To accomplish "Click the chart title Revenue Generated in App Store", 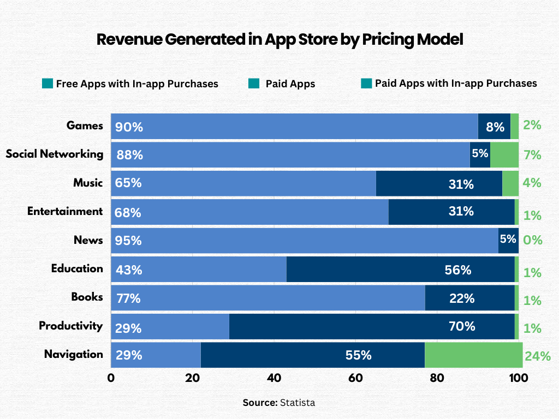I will pyautogui.click(x=279, y=40).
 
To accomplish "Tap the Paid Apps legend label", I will pyautogui.click(x=290, y=84).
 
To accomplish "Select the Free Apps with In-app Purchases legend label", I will pyautogui.click(x=137, y=84).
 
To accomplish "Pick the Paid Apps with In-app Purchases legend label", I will pyautogui.click(x=455, y=83).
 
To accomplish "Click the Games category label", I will pyautogui.click(x=85, y=125).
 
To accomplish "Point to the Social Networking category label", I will pyautogui.click(x=55, y=154).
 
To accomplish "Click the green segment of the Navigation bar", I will pyautogui.click(x=473, y=355).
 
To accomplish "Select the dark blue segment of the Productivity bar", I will pyautogui.click(x=371, y=326).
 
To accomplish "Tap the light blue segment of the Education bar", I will pyautogui.click(x=199, y=270).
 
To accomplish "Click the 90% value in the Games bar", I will pyautogui.click(x=129, y=128).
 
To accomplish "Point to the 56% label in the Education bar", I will pyautogui.click(x=457, y=270).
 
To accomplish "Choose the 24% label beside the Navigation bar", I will pyautogui.click(x=537, y=357).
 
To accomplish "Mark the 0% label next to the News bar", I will pyautogui.click(x=532, y=241).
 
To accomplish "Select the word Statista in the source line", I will pyautogui.click(x=298, y=403).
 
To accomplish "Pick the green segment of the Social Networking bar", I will pyautogui.click(x=504, y=154).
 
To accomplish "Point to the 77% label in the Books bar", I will pyautogui.click(x=129, y=298).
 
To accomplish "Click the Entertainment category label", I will pyautogui.click(x=65, y=211).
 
